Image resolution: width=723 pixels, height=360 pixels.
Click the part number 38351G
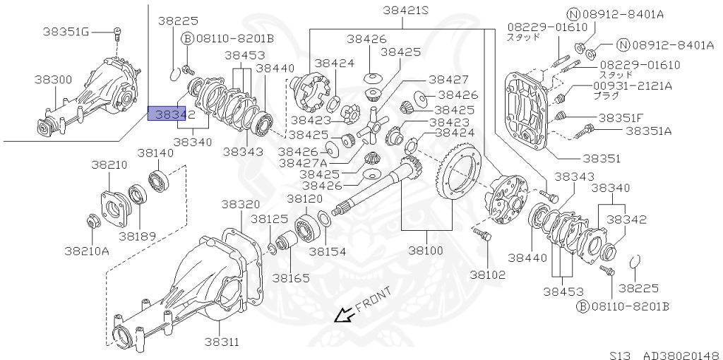[x=65, y=30]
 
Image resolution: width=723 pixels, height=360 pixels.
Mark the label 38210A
[x=87, y=250]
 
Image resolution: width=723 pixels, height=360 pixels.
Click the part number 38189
[x=137, y=236]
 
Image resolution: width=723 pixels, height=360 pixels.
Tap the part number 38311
[x=222, y=342]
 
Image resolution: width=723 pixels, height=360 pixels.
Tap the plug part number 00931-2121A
[x=632, y=86]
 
